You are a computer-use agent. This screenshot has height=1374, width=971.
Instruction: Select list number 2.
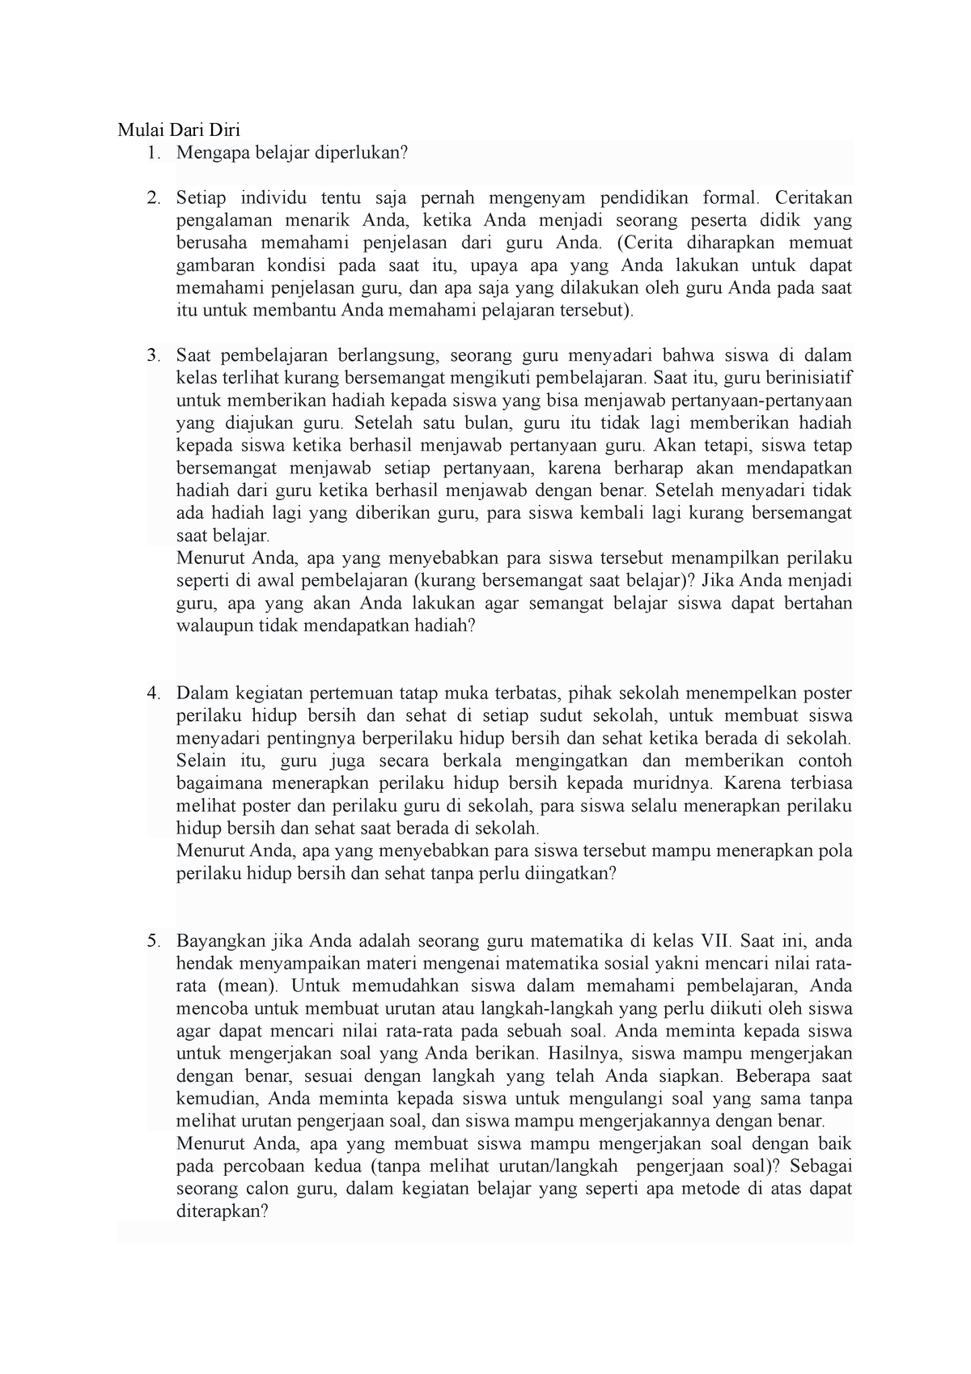(153, 197)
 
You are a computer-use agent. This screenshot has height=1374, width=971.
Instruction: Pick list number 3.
(153, 356)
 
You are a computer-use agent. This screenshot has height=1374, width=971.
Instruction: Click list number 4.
(153, 693)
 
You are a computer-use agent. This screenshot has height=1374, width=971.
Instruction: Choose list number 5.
(153, 941)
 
